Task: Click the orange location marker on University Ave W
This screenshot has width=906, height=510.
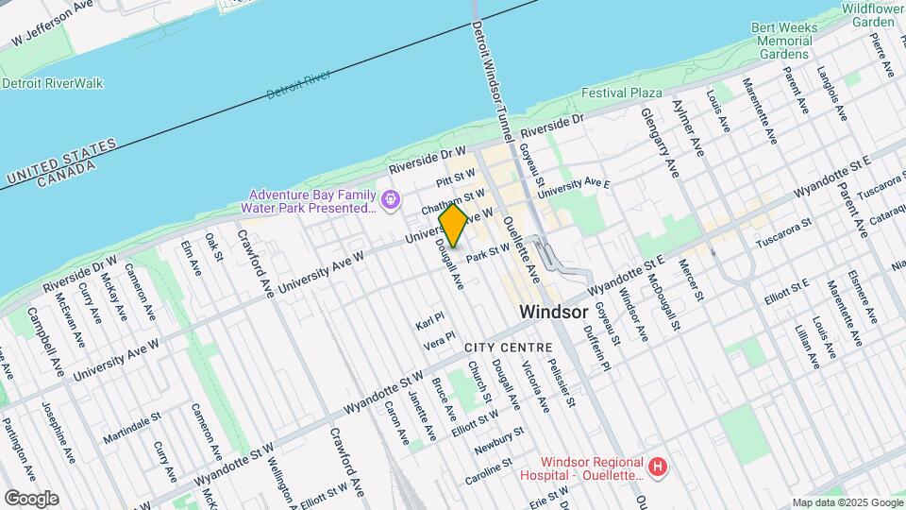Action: (x=453, y=225)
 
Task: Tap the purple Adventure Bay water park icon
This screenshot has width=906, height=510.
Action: (x=389, y=200)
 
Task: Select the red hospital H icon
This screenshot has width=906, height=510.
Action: (x=659, y=467)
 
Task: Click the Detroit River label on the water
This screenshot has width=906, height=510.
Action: (x=298, y=84)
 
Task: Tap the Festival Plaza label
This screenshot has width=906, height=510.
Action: (x=621, y=93)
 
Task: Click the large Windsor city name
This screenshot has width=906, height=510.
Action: (x=553, y=312)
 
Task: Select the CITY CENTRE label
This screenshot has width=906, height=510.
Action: (x=501, y=348)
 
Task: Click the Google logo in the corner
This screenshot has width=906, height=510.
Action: (x=31, y=498)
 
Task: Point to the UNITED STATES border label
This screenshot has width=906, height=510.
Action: (x=60, y=161)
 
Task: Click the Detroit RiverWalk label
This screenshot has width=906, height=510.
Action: (x=53, y=83)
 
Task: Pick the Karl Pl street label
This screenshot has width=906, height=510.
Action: (x=429, y=320)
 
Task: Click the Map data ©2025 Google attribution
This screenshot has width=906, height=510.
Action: (x=847, y=502)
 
